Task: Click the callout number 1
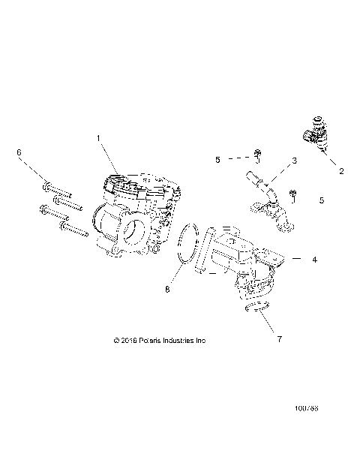[x=98, y=137]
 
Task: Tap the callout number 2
[x=342, y=170]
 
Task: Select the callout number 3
[x=295, y=161]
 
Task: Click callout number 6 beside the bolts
[x=19, y=152]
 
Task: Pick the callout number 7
[x=280, y=340]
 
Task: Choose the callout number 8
[x=167, y=287]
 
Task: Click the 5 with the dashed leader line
[x=218, y=159]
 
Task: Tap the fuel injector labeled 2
[x=315, y=133]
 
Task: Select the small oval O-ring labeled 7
[x=258, y=305]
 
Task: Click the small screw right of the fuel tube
[x=294, y=197]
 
